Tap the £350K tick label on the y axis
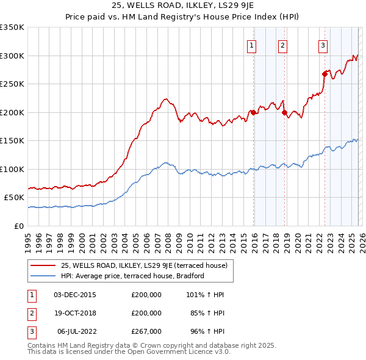click(x=12, y=27)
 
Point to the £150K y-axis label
click(x=12, y=141)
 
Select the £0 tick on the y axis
click(x=20, y=226)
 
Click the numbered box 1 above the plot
click(x=251, y=45)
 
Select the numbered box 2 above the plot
click(x=283, y=45)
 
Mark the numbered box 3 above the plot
click(x=323, y=45)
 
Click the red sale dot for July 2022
click(x=325, y=74)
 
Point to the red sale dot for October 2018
click(x=284, y=112)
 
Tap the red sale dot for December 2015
click(x=253, y=112)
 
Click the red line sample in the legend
click(x=43, y=265)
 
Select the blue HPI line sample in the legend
click(x=43, y=276)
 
